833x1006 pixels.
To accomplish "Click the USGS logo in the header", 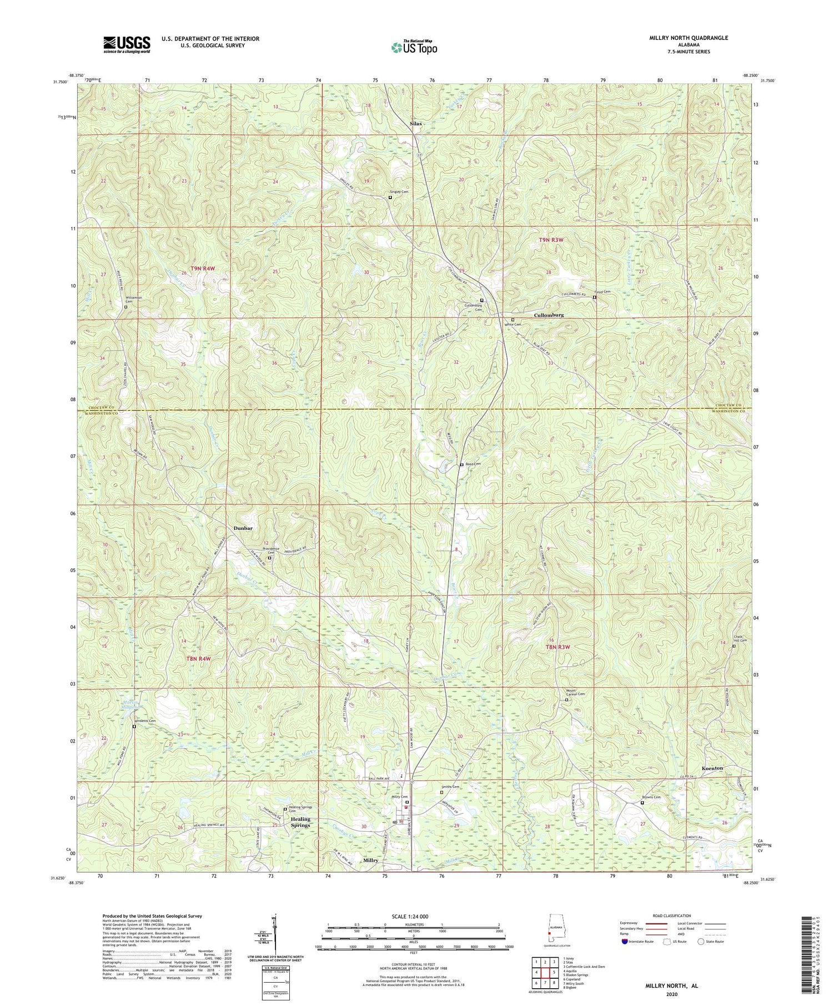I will click(x=127, y=44).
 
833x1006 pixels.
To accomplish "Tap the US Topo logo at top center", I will click(x=414, y=47).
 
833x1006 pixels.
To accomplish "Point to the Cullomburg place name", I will click(x=549, y=315).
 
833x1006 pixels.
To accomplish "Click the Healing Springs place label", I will click(x=300, y=822).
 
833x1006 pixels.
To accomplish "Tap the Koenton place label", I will click(x=712, y=768).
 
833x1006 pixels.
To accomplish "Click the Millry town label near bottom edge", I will click(x=371, y=860).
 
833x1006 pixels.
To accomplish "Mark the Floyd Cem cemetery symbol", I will click(x=594, y=297).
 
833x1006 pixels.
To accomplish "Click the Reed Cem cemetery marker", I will click(x=461, y=465).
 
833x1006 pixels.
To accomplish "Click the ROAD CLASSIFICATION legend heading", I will click(x=672, y=916).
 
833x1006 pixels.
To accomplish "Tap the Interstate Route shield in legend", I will click(x=625, y=942).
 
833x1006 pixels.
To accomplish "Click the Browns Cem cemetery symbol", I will click(x=643, y=802).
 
